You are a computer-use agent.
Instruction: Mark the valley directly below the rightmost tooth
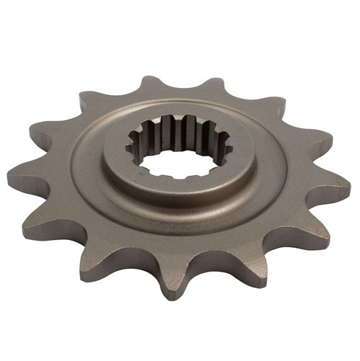pyautogui.click(x=302, y=205)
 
